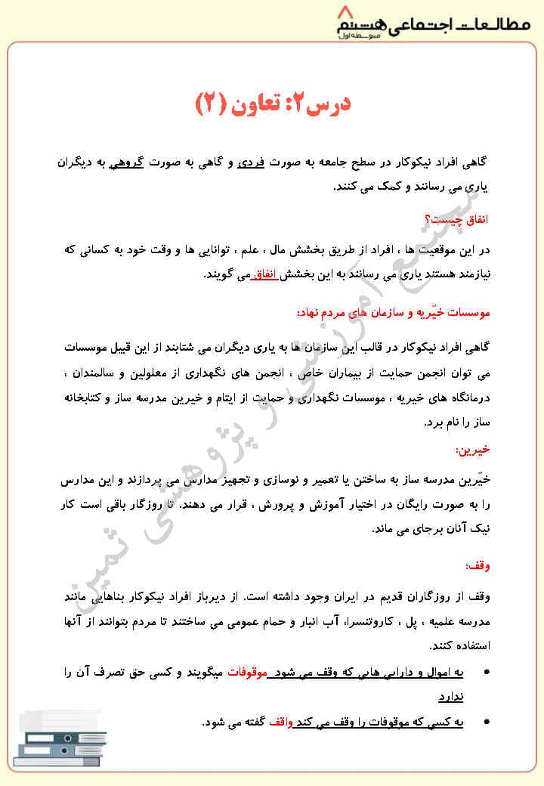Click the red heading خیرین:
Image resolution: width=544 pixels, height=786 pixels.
click(473, 450)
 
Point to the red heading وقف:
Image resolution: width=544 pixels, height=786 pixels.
click(477, 566)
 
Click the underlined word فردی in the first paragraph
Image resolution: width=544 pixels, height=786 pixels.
click(251, 162)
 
